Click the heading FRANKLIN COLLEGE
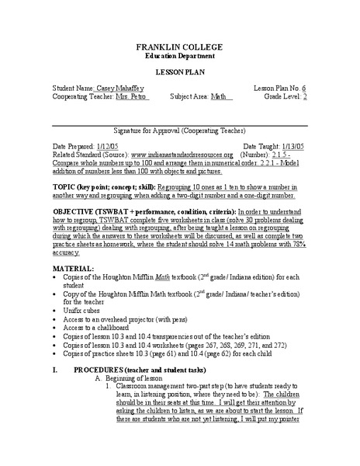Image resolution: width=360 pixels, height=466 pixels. (x=179, y=47)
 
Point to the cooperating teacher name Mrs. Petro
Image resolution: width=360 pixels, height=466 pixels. (x=132, y=97)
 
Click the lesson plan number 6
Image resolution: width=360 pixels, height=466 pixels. (x=304, y=89)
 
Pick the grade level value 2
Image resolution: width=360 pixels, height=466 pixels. (x=304, y=97)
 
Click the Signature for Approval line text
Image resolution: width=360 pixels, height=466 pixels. (x=179, y=131)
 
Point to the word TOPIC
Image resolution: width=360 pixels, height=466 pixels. (x=64, y=187)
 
